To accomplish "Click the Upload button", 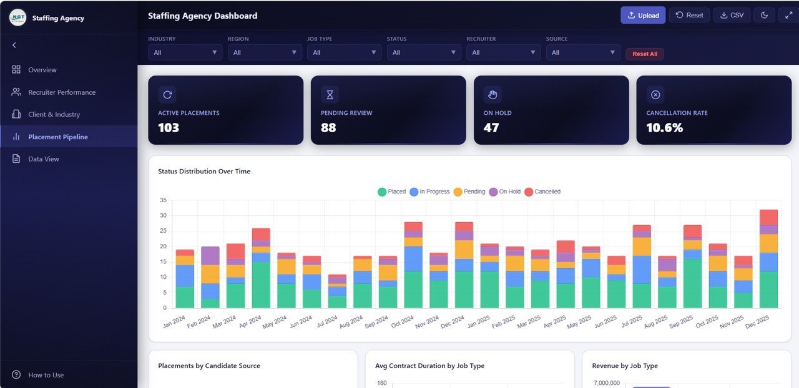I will (x=642, y=16).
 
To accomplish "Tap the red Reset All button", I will (x=644, y=54).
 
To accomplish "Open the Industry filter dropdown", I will (x=185, y=52).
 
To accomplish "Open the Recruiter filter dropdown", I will (x=503, y=52).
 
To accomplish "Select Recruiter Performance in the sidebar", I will (x=61, y=92).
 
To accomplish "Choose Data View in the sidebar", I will (x=43, y=159).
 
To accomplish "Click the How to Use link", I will (x=46, y=375).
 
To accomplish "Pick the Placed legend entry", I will (x=391, y=192).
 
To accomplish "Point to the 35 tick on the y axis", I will (x=163, y=200).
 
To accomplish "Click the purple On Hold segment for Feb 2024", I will (x=210, y=256).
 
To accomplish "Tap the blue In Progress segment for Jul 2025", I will (x=642, y=269).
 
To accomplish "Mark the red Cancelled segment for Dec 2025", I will (x=768, y=217).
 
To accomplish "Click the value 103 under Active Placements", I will (x=169, y=128).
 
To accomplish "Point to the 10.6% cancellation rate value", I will (x=664, y=128).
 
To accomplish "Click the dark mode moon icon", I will (x=764, y=16).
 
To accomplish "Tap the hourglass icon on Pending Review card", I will (x=330, y=95).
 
